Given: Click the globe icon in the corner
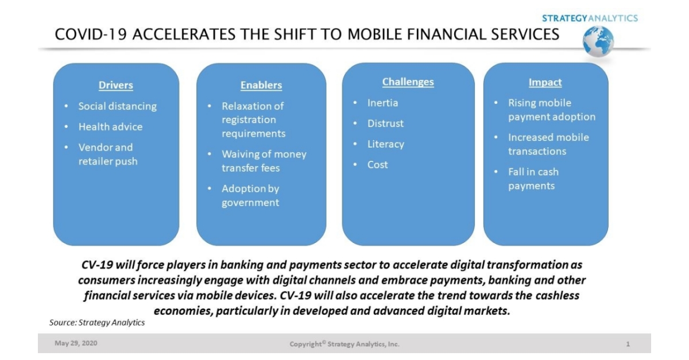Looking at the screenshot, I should [x=598, y=41].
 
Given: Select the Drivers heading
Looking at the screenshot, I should [x=115, y=86].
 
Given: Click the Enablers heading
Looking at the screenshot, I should [x=261, y=86].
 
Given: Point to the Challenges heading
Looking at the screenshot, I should [x=408, y=82].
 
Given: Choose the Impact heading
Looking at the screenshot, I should [x=545, y=83].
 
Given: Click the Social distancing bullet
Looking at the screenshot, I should [x=117, y=106].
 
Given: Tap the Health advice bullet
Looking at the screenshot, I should [x=110, y=127].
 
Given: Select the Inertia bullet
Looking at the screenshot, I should [x=382, y=103].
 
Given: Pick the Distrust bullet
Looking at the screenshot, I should [x=385, y=123].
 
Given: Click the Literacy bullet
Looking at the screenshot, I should [x=385, y=144].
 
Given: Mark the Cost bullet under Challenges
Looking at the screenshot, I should [x=377, y=165].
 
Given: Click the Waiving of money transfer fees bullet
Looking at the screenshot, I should [x=264, y=161].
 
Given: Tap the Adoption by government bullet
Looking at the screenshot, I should [x=251, y=196].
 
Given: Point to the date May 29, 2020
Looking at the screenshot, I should [x=76, y=344].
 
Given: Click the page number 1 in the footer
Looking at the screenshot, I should [x=628, y=344].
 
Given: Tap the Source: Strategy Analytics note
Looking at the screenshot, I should [x=97, y=323].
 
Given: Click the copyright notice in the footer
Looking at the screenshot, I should [x=344, y=344].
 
